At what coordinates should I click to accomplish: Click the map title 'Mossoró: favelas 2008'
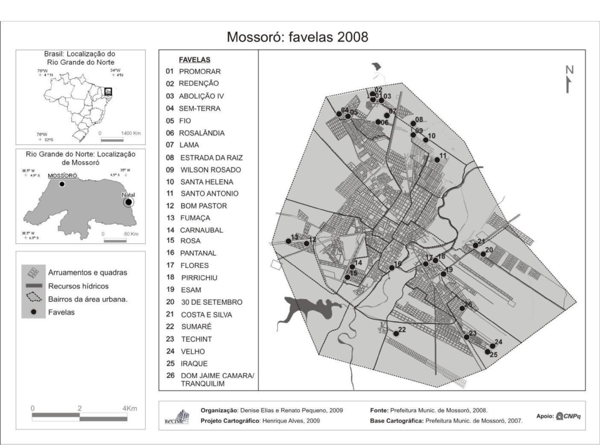[x=297, y=37]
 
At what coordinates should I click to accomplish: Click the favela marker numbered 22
[x=396, y=334]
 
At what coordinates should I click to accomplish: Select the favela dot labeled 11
[x=437, y=160]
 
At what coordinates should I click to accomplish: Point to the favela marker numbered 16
[x=392, y=268]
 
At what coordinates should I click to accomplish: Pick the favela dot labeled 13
[x=288, y=241]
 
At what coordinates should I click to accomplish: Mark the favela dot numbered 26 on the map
[x=462, y=308]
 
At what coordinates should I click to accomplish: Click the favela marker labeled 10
[x=426, y=140]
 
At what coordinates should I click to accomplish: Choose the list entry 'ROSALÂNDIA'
[x=201, y=133]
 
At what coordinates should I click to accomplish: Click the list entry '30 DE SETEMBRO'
[x=211, y=302]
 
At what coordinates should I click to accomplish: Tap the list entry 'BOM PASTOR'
[x=203, y=206]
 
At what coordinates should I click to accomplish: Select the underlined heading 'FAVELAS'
[x=194, y=60]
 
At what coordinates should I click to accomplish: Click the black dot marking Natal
[x=128, y=202]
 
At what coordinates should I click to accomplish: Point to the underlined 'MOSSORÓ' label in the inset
[x=62, y=175]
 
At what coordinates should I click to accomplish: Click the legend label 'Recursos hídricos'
[x=78, y=286]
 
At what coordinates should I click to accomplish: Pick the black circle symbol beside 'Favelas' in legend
[x=33, y=312]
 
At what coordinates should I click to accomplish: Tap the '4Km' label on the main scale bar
[x=130, y=408]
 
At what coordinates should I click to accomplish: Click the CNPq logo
[x=569, y=416]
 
